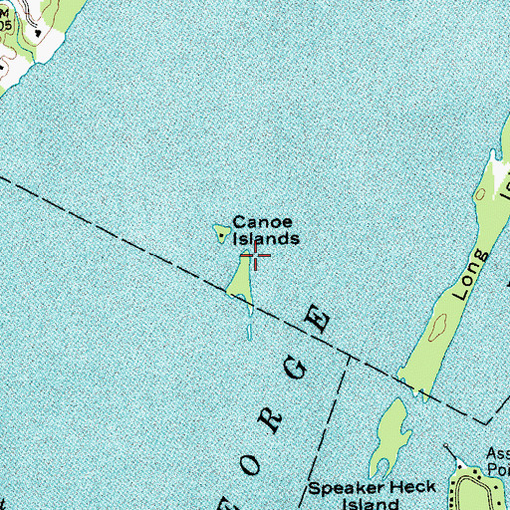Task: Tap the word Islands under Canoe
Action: coord(266,239)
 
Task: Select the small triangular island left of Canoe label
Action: coord(220,234)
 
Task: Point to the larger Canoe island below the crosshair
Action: coord(239,279)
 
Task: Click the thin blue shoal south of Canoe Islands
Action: coord(248,324)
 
